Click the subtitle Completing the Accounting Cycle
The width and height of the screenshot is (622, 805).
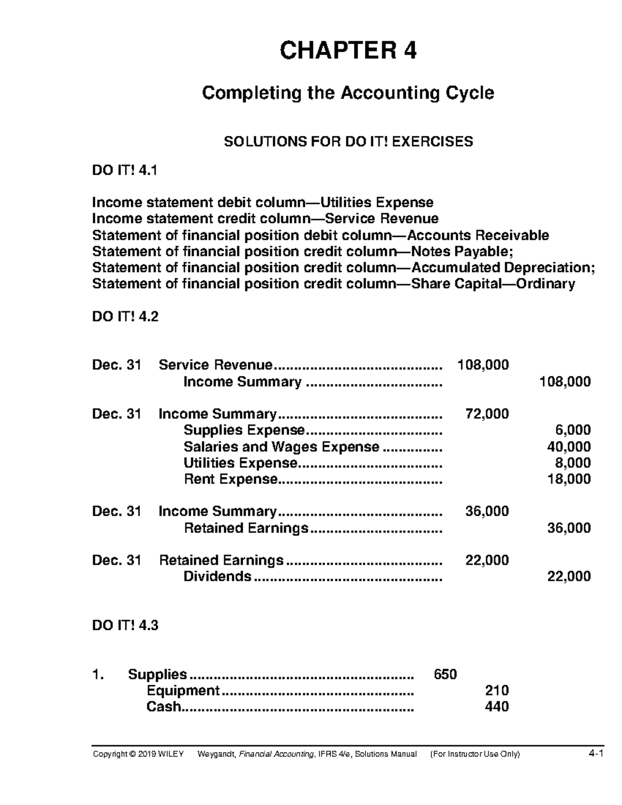348,93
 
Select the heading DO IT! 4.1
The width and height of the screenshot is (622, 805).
124,171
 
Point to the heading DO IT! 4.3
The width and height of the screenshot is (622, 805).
125,626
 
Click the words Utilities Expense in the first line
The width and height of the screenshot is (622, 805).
377,202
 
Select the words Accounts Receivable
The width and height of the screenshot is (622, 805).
478,235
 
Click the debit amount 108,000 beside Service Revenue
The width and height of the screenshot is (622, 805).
483,365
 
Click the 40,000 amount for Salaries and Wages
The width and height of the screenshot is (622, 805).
569,446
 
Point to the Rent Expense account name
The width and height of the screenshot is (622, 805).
231,479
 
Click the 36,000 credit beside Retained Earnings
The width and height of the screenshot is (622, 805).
569,528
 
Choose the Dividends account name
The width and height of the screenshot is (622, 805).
218,576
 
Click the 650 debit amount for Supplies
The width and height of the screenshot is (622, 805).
445,674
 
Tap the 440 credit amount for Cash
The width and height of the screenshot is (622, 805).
496,707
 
